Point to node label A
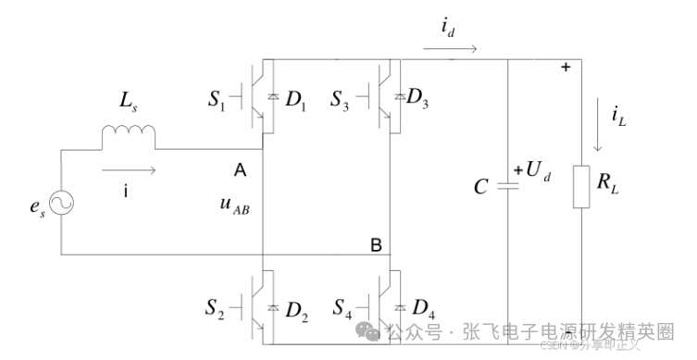tap(240, 171)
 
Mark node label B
tap(376, 245)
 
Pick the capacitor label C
tap(480, 188)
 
